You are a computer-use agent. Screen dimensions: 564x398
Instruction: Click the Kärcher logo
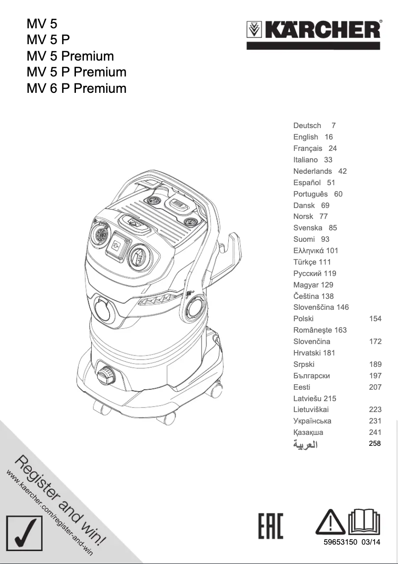[x=314, y=31]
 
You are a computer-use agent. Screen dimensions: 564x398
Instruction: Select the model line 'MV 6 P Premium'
[x=76, y=89]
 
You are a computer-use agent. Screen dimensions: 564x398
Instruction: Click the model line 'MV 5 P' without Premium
[x=48, y=40]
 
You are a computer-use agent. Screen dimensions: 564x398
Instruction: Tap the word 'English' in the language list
[x=306, y=137]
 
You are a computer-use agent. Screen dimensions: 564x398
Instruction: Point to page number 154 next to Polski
[x=375, y=319]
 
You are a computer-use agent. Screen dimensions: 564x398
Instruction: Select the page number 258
[x=375, y=443]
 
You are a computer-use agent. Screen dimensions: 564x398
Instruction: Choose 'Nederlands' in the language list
[x=313, y=171]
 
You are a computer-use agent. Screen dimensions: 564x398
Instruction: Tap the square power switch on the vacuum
[x=118, y=245]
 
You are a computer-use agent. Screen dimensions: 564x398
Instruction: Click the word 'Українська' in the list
[x=312, y=421]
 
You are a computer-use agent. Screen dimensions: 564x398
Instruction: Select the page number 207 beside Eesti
[x=375, y=387]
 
